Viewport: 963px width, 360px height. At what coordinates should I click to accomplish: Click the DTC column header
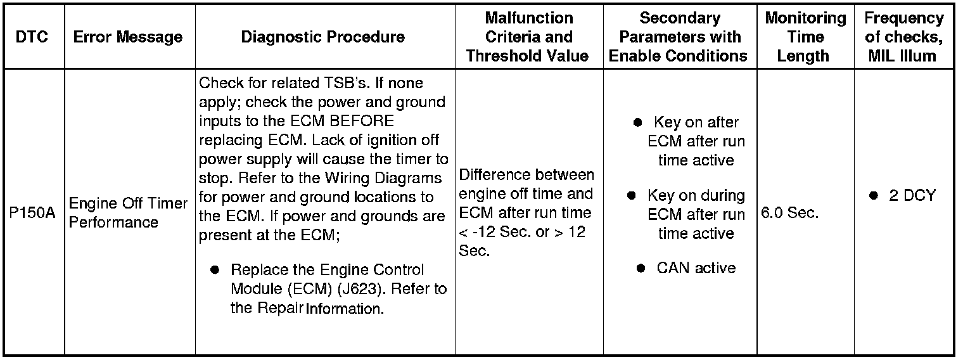[x=32, y=37]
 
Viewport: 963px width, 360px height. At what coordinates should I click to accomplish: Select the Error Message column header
[x=128, y=37]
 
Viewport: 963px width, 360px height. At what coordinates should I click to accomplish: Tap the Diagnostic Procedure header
[x=323, y=37]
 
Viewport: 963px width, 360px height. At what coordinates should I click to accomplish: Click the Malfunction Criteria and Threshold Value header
[x=528, y=37]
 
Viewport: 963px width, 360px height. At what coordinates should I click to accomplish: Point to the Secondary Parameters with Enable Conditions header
[x=678, y=37]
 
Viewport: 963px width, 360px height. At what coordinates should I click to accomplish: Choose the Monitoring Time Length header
[x=805, y=37]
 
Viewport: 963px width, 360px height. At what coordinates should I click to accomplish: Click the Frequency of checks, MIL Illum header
[x=903, y=37]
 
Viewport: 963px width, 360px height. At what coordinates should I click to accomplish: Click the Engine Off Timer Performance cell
[x=128, y=213]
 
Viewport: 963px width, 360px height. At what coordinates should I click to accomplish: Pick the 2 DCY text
[x=912, y=196]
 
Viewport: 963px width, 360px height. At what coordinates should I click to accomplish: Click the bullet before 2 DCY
[x=873, y=196]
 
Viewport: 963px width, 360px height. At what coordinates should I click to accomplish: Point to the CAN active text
[x=696, y=268]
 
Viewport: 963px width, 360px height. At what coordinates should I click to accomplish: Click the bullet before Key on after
[x=638, y=122]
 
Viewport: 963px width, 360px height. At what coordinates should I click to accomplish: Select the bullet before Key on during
[x=632, y=195]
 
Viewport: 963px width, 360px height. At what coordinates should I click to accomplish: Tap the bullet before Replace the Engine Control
[x=215, y=270]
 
